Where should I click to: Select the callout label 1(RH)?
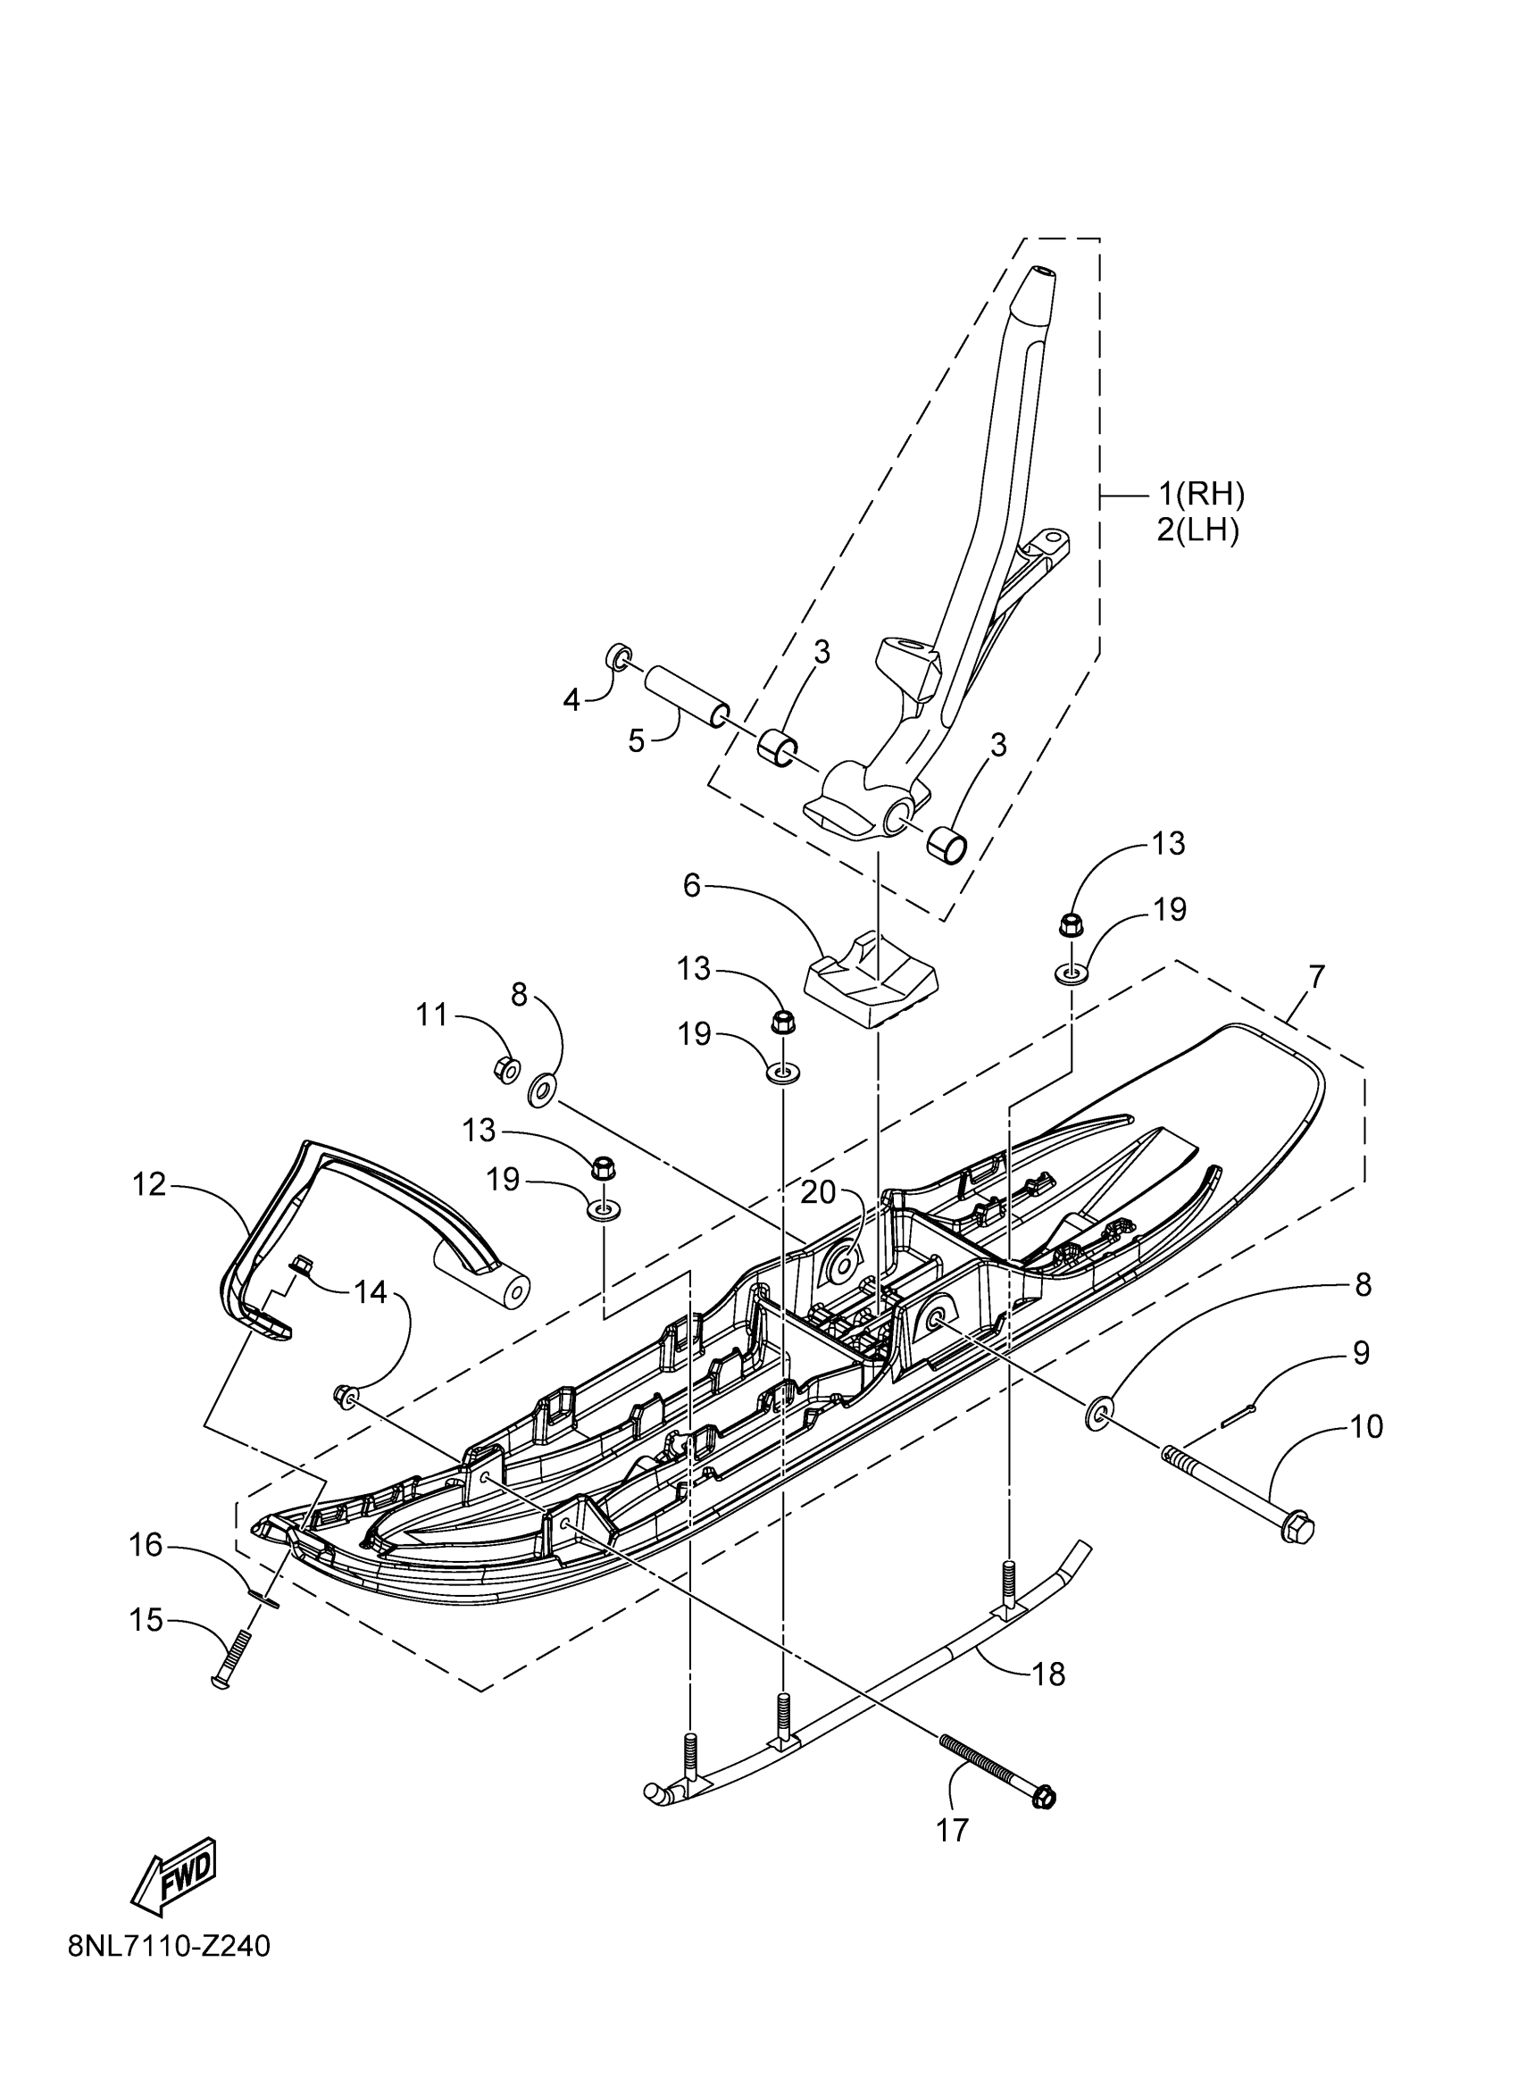tap(1201, 496)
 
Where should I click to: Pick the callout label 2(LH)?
tap(1197, 531)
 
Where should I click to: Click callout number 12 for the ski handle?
tap(149, 1184)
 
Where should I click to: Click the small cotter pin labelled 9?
tap(1237, 1432)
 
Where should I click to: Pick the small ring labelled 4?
tap(618, 657)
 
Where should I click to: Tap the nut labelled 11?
tap(506, 1069)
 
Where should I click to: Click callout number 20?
tap(818, 1193)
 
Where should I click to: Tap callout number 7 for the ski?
tap(1316, 977)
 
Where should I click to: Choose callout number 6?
tap(693, 884)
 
